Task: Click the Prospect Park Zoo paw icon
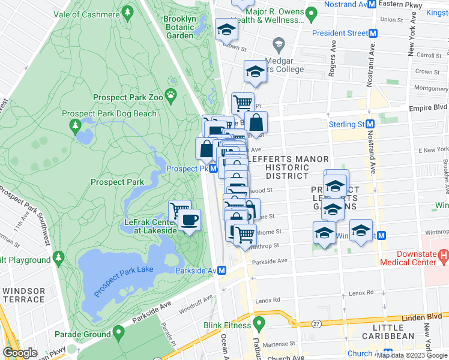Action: click(x=172, y=94)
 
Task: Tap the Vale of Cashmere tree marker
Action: click(x=127, y=12)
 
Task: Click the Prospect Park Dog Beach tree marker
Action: click(x=76, y=125)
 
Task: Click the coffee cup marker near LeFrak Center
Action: click(x=190, y=220)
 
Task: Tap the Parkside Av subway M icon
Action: click(x=222, y=271)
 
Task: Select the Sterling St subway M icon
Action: click(x=371, y=124)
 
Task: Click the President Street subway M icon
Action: click(x=373, y=34)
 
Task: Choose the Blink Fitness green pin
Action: click(x=259, y=323)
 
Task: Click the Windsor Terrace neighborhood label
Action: click(x=24, y=295)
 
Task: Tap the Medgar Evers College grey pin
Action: click(x=278, y=44)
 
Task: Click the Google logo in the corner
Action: click(x=20, y=353)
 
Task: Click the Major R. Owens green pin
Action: click(x=311, y=13)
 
